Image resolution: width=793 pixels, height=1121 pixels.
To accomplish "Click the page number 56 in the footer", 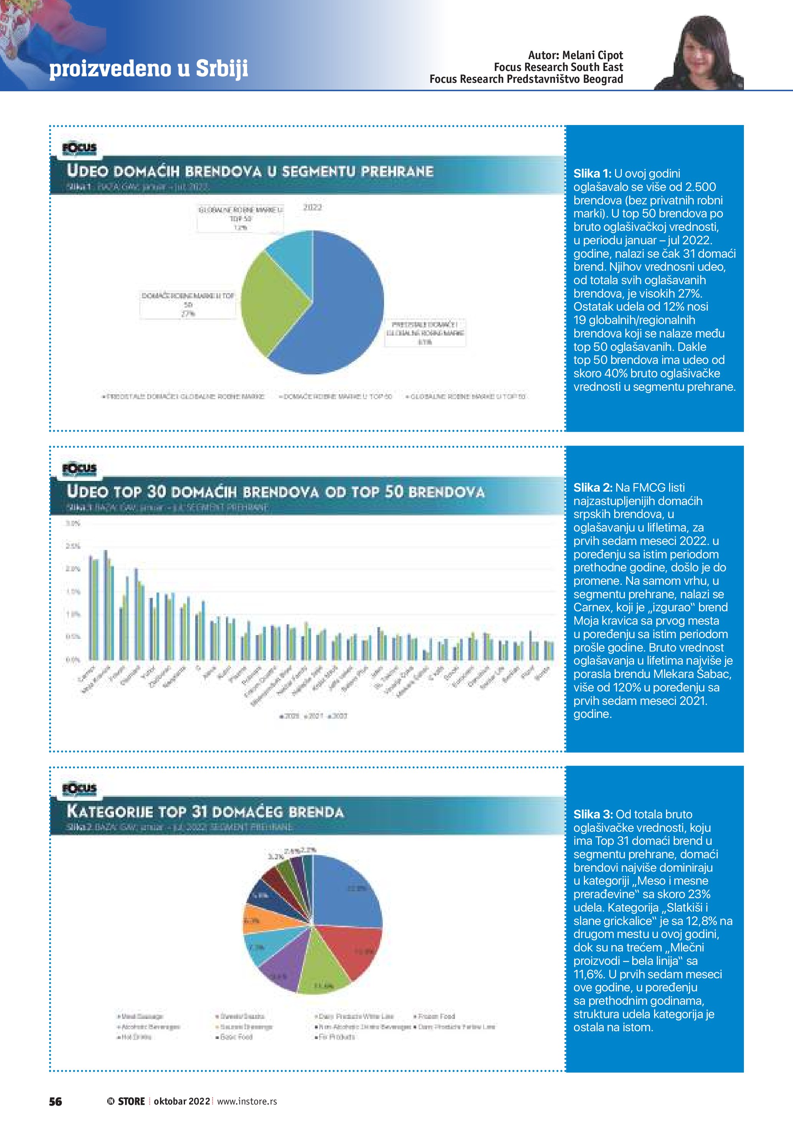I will [56, 1101].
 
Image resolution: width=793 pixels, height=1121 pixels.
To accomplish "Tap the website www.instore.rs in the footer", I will [247, 1101].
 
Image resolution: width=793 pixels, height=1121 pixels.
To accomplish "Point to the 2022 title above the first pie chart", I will [313, 207].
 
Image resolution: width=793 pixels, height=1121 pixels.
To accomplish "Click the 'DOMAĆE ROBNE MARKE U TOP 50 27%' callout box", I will [188, 305].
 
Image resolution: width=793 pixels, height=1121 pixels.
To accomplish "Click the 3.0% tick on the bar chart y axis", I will [73, 523].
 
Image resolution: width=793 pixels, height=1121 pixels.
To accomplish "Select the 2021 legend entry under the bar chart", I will [313, 716].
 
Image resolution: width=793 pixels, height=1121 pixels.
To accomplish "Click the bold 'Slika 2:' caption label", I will [592, 487].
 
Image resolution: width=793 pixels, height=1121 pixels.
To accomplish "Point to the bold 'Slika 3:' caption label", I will [593, 814].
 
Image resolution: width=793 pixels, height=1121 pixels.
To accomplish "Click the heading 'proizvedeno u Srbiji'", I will [149, 68].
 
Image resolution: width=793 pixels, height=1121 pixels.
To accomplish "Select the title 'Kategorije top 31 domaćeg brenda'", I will [206, 812].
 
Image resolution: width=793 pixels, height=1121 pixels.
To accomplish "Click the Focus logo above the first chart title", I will [79, 148].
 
